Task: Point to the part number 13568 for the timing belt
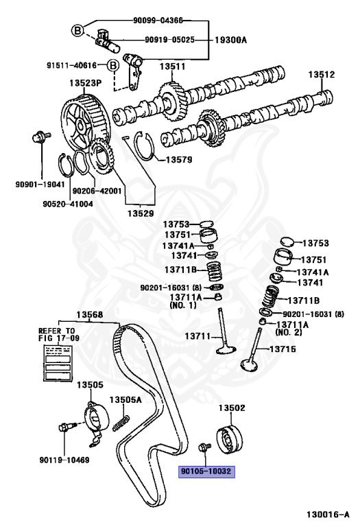tap(89, 315)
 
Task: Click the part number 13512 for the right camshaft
tap(320, 75)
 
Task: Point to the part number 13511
tap(173, 67)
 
